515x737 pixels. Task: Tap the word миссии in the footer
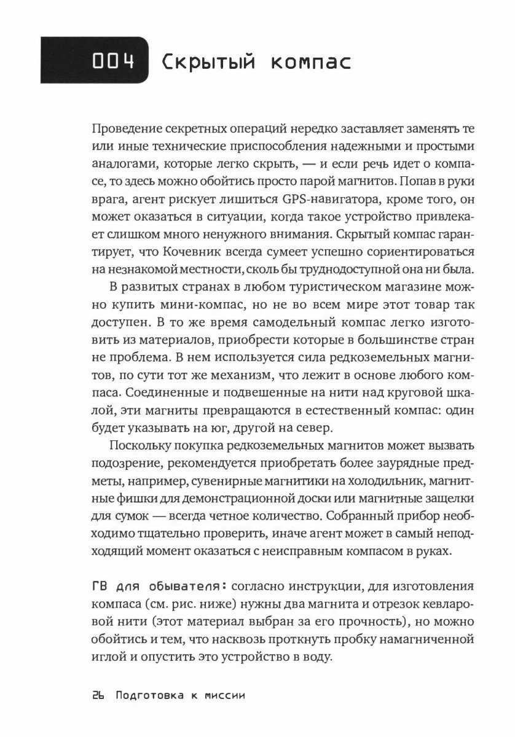[x=222, y=697]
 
